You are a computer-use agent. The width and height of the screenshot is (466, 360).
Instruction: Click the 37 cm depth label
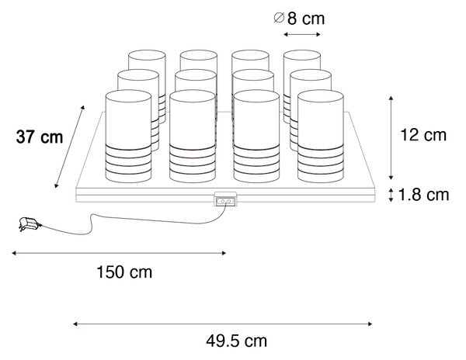click(x=40, y=137)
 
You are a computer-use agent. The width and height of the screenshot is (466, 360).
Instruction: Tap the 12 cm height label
click(x=423, y=135)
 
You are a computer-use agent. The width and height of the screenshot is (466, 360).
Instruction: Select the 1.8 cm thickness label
click(x=423, y=195)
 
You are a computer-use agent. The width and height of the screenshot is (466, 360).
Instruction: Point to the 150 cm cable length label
click(x=124, y=272)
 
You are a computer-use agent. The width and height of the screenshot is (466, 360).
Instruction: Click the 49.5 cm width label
click(x=237, y=341)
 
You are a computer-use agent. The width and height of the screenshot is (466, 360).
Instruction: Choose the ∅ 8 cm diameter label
click(x=299, y=19)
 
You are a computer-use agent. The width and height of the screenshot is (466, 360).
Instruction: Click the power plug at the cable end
click(x=30, y=224)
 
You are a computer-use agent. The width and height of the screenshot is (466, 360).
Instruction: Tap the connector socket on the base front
click(x=225, y=199)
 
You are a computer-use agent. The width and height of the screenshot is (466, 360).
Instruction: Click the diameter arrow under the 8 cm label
click(x=302, y=34)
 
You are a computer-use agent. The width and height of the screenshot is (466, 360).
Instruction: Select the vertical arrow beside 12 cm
click(x=391, y=138)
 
